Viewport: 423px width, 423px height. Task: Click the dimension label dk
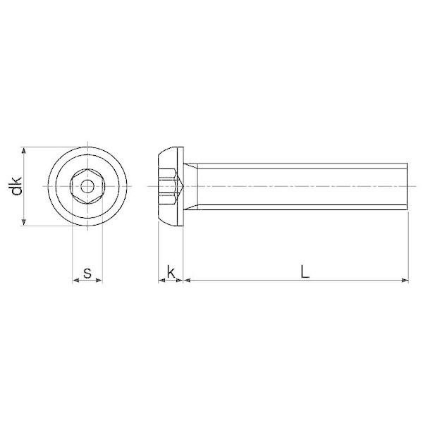click(16, 186)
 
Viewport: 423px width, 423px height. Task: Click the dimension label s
click(87, 273)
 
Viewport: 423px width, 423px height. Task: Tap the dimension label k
click(171, 271)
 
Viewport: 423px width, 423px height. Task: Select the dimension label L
click(305, 271)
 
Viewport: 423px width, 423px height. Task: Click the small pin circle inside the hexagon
click(87, 186)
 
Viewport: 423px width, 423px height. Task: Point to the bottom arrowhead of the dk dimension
click(24, 222)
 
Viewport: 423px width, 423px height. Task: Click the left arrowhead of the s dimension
click(76, 281)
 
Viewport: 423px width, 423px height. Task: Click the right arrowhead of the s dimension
click(99, 281)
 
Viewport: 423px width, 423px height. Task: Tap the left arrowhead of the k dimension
click(161, 281)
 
